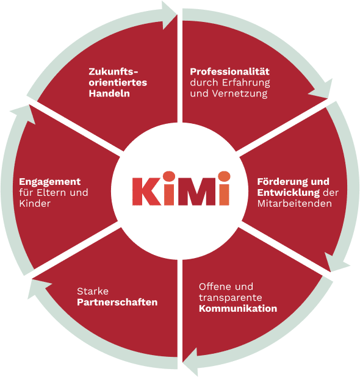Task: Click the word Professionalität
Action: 229,71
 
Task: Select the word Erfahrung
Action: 246,83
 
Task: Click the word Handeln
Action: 109,93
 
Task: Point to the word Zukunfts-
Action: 113,71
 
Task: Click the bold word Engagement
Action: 50,182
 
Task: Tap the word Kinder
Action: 35,203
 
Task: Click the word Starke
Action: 93,292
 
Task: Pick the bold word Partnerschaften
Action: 117,302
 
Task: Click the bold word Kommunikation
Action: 238,309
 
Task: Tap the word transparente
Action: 231,298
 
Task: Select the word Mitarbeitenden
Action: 295,204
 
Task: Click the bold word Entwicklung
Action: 289,193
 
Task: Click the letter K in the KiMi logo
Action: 146,192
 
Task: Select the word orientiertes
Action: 118,82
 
